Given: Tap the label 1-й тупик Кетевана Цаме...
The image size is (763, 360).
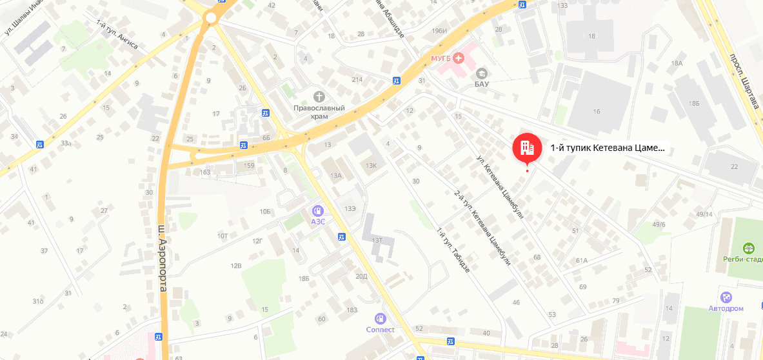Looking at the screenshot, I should [x=607, y=148].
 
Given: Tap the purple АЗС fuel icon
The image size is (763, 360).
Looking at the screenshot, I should [x=317, y=210].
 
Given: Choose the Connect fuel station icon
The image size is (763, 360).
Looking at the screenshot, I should [x=381, y=318].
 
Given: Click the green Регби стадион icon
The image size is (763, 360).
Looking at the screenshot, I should [x=749, y=248].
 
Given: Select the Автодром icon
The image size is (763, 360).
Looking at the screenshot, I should [x=727, y=297].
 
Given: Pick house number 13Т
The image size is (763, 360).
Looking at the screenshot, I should [x=377, y=240].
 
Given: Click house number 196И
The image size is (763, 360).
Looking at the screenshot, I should [x=441, y=31].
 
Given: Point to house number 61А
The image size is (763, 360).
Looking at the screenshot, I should [x=582, y=261].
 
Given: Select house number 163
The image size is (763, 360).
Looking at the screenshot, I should [x=205, y=172].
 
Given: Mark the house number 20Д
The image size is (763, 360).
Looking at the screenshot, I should [x=361, y=276].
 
